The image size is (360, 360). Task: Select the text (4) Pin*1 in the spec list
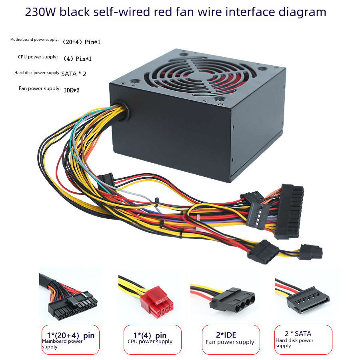point(78,59)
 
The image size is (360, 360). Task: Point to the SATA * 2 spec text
point(74,74)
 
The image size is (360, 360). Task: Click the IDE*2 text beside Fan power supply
point(72,90)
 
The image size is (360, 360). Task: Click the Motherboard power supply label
point(34,40)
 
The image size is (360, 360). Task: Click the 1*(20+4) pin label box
point(70,340)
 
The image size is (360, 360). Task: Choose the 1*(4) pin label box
point(152,340)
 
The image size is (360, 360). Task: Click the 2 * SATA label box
point(303,340)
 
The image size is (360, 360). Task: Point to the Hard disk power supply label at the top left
point(37,73)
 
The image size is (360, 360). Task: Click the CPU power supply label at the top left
point(38,57)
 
